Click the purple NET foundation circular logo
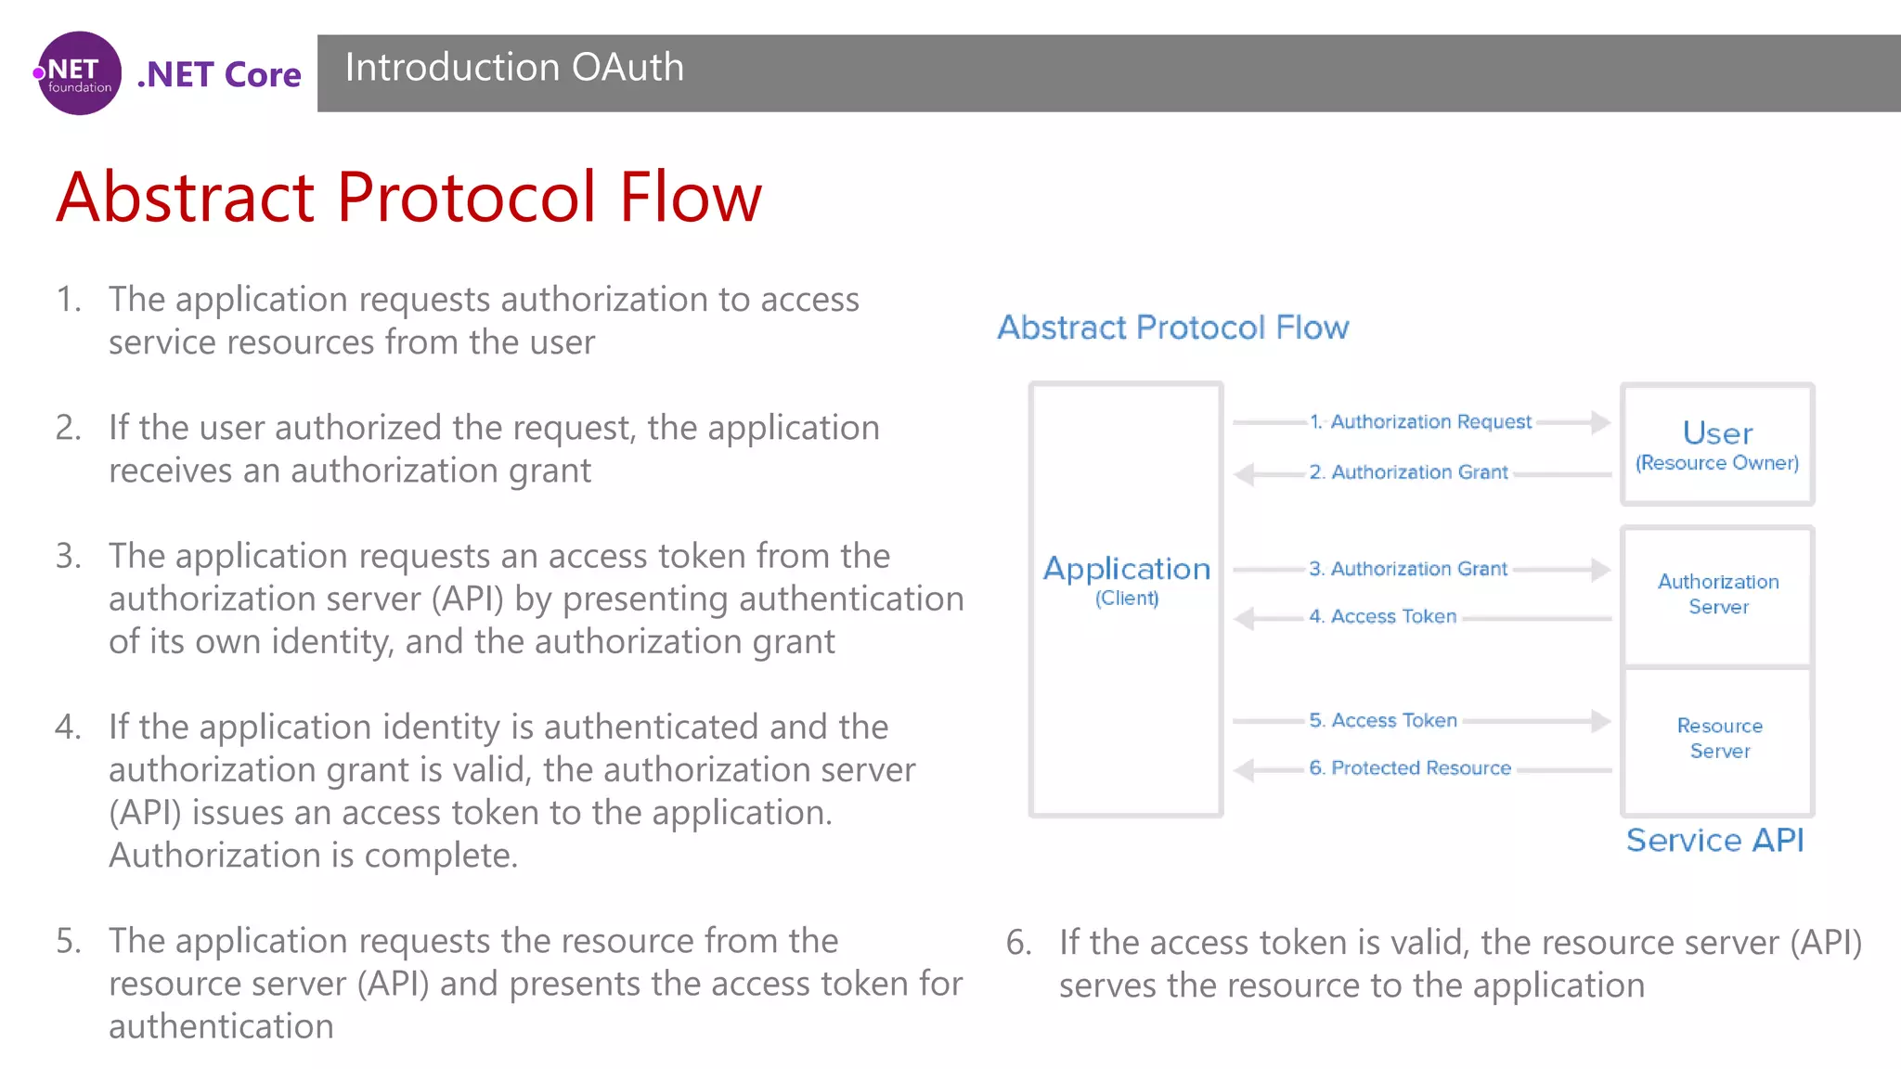coord(79,73)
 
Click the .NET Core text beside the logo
coord(219,74)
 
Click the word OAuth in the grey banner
coord(627,68)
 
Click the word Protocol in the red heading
coord(466,198)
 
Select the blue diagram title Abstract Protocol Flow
coord(1172,328)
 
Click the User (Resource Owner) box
coord(1717,444)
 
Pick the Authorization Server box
coord(1718,594)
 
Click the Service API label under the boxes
coord(1714,841)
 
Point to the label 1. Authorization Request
coord(1420,422)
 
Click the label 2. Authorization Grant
coord(1408,472)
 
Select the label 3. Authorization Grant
coord(1408,569)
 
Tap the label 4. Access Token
coord(1382,617)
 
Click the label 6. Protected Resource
coord(1410,768)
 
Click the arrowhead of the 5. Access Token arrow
coord(1600,721)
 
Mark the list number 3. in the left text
coord(68,556)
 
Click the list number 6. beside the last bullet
coord(1018,943)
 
